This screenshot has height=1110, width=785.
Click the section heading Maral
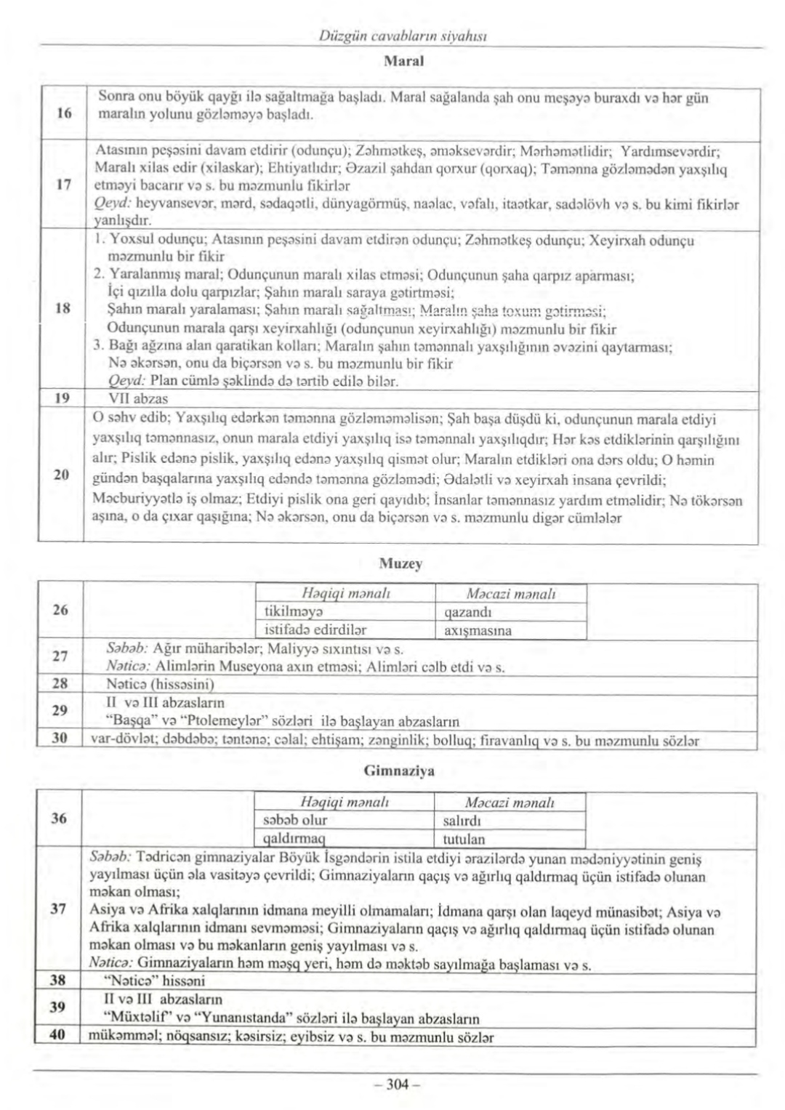point(403,62)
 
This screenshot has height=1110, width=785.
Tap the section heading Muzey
point(411,563)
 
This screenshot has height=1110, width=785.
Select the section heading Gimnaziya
point(399,771)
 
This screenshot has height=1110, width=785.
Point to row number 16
point(62,113)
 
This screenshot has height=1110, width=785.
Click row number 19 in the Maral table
point(62,398)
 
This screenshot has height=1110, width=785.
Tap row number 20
point(62,475)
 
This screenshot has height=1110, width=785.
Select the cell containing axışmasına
point(478,630)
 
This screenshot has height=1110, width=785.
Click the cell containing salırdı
point(462,821)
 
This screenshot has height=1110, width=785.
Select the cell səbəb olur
point(294,821)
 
